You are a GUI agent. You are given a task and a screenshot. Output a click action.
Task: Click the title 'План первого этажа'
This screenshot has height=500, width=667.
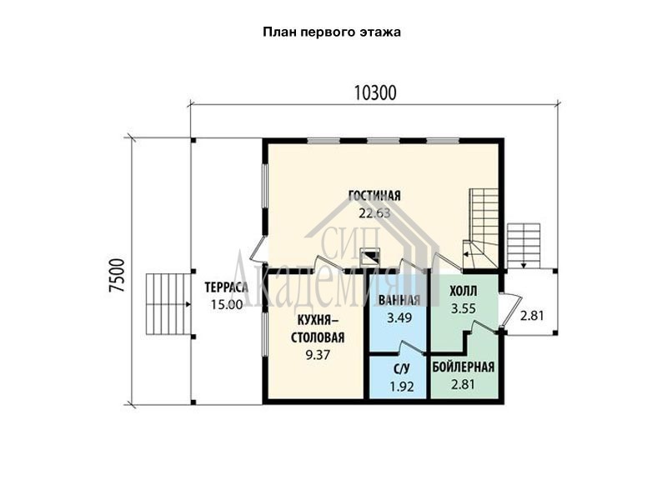pyautogui.click(x=332, y=32)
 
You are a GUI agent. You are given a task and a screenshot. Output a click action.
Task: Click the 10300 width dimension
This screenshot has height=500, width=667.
pyautogui.click(x=375, y=93)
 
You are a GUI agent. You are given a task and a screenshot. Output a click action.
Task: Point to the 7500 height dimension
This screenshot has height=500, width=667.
pyautogui.click(x=117, y=275)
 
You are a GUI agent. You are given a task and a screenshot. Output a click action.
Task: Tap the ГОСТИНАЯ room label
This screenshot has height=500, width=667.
pyautogui.click(x=374, y=196)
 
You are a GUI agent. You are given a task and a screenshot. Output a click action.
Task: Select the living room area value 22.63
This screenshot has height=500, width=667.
pyautogui.click(x=374, y=213)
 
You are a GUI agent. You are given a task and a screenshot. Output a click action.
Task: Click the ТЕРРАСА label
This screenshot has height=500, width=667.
pyautogui.click(x=226, y=287)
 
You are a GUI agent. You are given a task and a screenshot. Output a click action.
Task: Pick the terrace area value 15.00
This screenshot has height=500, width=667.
pyautogui.click(x=227, y=304)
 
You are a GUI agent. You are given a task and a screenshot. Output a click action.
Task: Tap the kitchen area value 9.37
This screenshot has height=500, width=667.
pyautogui.click(x=318, y=355)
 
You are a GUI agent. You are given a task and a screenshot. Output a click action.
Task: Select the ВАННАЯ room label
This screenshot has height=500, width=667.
pyautogui.click(x=399, y=300)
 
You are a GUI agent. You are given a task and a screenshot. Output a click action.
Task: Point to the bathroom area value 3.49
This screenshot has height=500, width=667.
pyautogui.click(x=399, y=317)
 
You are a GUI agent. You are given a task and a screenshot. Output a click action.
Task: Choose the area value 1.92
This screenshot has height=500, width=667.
pyautogui.click(x=402, y=387)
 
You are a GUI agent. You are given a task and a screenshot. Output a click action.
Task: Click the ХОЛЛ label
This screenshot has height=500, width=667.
pyautogui.click(x=464, y=292)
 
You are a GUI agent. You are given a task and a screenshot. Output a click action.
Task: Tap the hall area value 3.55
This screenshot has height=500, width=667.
pyautogui.click(x=464, y=308)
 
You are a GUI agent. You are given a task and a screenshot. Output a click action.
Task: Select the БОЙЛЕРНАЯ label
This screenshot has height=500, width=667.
pyautogui.click(x=464, y=367)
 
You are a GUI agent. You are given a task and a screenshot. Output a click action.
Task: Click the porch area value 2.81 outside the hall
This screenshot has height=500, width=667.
pyautogui.click(x=532, y=316)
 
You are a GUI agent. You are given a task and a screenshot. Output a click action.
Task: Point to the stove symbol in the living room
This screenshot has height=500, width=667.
pyautogui.click(x=370, y=257)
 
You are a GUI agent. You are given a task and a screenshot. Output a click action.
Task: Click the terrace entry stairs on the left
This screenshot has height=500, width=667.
pyautogui.click(x=168, y=304)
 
